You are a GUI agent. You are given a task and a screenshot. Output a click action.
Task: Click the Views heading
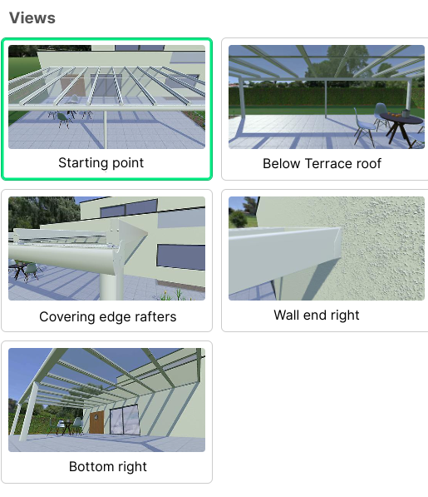click(x=32, y=17)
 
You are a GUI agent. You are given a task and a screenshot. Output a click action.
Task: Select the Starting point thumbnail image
click(x=106, y=97)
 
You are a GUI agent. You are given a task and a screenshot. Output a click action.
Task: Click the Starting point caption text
click(x=101, y=163)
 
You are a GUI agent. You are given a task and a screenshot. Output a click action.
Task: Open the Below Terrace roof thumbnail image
click(x=327, y=97)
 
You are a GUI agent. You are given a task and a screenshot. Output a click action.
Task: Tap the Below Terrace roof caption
click(x=322, y=163)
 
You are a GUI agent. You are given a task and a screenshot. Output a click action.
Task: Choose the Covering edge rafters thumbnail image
click(x=106, y=248)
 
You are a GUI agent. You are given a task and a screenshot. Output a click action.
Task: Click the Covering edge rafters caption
click(x=108, y=316)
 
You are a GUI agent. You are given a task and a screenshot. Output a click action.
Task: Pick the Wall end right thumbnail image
click(x=327, y=248)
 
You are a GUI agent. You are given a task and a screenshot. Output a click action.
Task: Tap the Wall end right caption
click(x=317, y=316)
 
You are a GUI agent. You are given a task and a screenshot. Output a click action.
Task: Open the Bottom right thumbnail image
click(x=106, y=400)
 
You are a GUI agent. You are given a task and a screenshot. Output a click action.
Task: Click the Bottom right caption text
click(x=108, y=466)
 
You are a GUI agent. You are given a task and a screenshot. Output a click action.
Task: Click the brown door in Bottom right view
click(x=96, y=423)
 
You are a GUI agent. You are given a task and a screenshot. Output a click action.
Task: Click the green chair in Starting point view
click(x=63, y=121)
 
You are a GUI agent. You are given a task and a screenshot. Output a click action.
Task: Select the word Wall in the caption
click(x=287, y=315)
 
